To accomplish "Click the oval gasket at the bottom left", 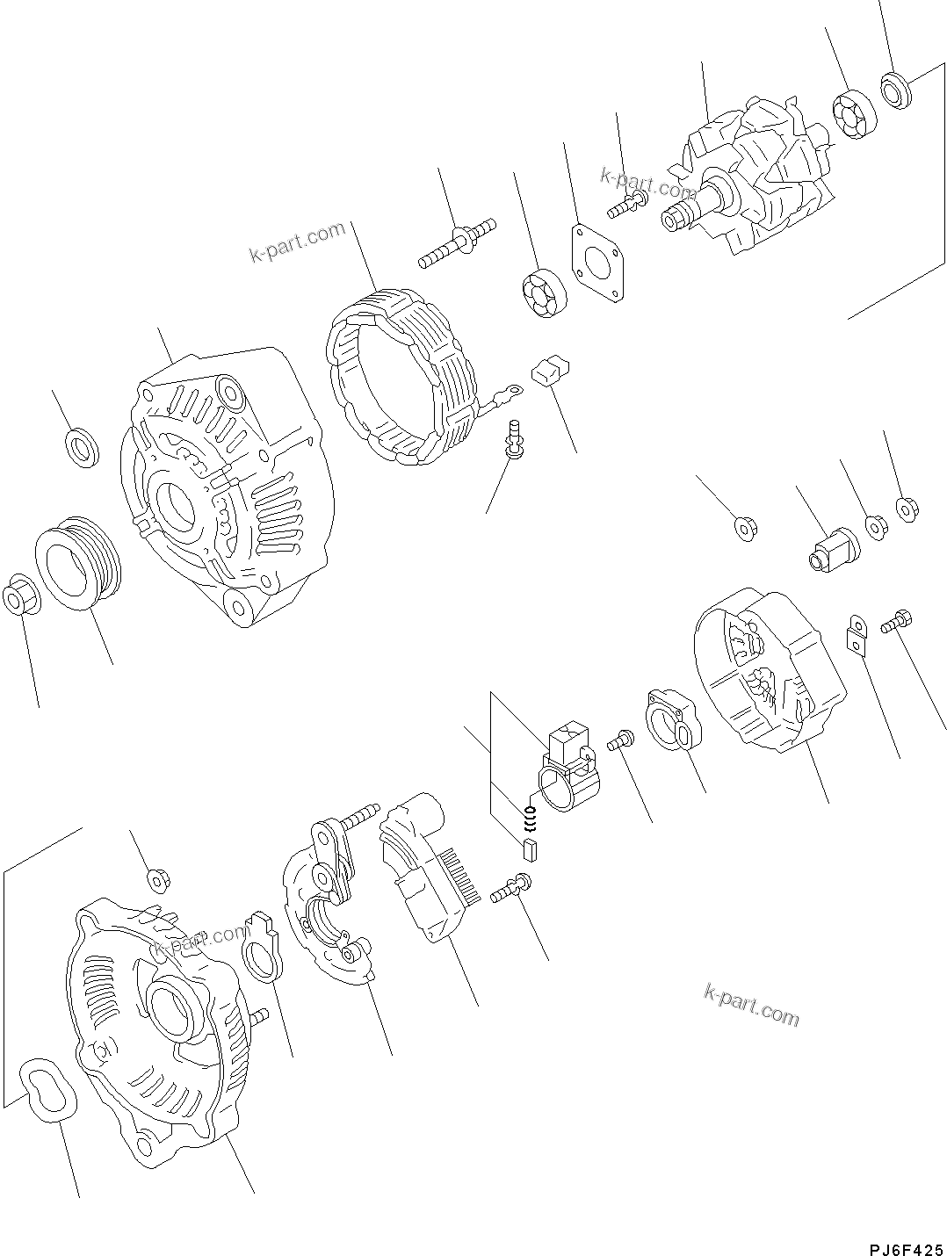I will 49,1089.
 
